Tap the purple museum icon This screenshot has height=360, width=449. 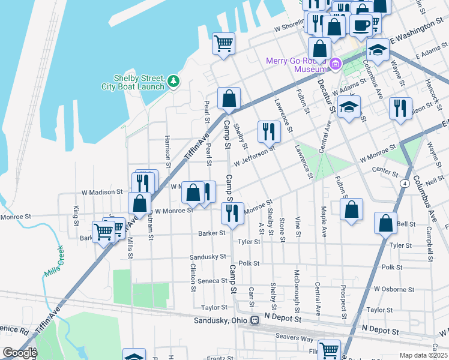(336, 63)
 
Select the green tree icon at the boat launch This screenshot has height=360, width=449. (173, 80)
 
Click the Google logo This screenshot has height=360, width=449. (20, 353)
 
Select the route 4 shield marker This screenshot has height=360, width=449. (406, 182)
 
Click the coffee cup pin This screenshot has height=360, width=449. (362, 26)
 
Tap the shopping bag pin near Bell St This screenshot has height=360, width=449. (385, 223)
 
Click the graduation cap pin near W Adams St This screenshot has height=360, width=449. (349, 108)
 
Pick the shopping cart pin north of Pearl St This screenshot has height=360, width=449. (223, 44)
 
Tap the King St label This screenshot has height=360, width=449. (76, 212)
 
